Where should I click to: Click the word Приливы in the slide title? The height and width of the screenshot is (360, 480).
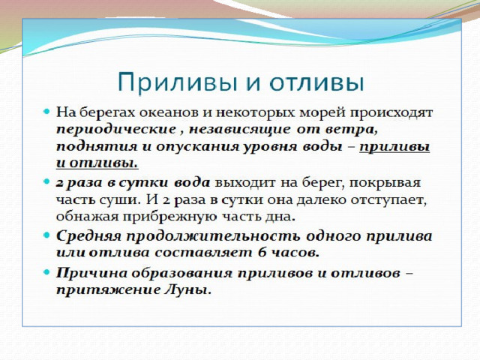click(177, 82)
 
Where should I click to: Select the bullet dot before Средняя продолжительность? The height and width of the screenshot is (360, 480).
click(46, 235)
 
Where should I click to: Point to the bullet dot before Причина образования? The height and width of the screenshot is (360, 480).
click(46, 271)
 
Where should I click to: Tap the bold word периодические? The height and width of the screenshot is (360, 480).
click(116, 130)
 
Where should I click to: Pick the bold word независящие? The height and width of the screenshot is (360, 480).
click(239, 130)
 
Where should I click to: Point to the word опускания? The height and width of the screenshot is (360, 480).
click(197, 147)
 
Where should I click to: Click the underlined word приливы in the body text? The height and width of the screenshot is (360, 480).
click(394, 147)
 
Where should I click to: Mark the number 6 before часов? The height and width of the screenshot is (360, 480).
click(262, 253)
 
